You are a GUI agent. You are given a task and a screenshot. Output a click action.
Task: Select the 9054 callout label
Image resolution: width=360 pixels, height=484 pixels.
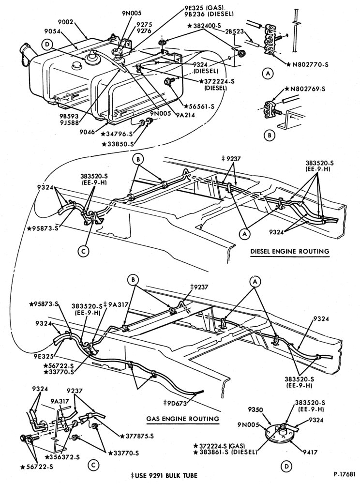pos(52,31)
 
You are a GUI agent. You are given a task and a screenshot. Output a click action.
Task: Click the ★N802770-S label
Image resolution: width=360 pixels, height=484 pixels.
pos(307,64)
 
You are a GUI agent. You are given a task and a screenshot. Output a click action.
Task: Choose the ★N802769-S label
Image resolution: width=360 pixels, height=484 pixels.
pos(305,89)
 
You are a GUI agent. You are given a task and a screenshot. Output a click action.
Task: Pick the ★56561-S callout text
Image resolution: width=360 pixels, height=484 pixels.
pos(199,106)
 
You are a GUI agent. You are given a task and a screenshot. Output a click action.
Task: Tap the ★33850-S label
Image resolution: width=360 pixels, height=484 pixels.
pos(118,144)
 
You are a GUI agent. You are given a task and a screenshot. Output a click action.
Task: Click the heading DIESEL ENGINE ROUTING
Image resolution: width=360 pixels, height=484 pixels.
pos(290,251)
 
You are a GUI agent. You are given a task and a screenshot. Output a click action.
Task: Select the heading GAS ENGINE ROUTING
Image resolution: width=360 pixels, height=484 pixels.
pos(182,419)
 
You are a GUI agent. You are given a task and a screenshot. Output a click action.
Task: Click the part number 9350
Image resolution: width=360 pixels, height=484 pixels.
pos(255,409)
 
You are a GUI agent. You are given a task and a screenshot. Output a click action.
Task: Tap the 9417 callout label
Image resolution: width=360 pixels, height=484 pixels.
pos(309,453)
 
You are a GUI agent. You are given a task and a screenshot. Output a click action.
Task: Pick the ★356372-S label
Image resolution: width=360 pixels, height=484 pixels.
pos(62,457)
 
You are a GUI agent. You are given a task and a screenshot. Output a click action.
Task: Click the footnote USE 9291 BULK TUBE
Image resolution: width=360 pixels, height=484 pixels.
pos(166,475)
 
